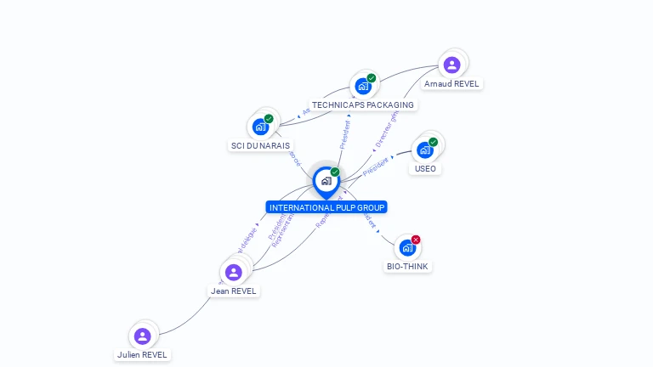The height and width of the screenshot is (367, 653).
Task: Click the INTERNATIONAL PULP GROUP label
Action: click(x=326, y=207)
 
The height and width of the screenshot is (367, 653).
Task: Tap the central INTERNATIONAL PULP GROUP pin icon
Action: click(x=326, y=181)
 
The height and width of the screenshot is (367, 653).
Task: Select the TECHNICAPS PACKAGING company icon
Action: click(x=363, y=86)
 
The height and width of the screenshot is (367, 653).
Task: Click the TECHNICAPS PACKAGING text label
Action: click(x=363, y=105)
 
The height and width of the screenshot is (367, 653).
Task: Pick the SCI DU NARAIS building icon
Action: click(x=260, y=127)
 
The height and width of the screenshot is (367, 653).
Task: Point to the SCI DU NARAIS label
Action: click(x=260, y=145)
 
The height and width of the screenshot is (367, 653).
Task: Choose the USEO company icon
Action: click(x=424, y=150)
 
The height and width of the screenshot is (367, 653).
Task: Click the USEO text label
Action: click(x=425, y=168)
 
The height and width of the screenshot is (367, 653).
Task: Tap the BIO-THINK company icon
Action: click(x=407, y=248)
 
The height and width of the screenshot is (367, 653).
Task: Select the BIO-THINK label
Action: click(x=408, y=266)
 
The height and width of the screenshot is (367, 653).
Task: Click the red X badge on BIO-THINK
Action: click(x=416, y=240)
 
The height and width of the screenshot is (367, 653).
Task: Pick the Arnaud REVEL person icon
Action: click(x=451, y=64)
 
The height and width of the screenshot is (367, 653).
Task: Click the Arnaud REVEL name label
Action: click(x=451, y=84)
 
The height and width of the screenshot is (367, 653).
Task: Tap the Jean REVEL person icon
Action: click(x=233, y=272)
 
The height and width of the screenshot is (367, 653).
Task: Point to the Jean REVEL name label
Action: click(x=234, y=291)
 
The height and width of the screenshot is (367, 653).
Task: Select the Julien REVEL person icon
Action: click(x=142, y=336)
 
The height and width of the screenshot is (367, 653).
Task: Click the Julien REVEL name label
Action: click(x=143, y=354)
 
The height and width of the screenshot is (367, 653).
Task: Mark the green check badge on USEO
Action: click(x=433, y=142)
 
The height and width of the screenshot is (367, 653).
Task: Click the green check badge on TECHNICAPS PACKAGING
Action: click(x=372, y=78)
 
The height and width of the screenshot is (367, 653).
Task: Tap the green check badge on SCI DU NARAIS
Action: click(x=269, y=119)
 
